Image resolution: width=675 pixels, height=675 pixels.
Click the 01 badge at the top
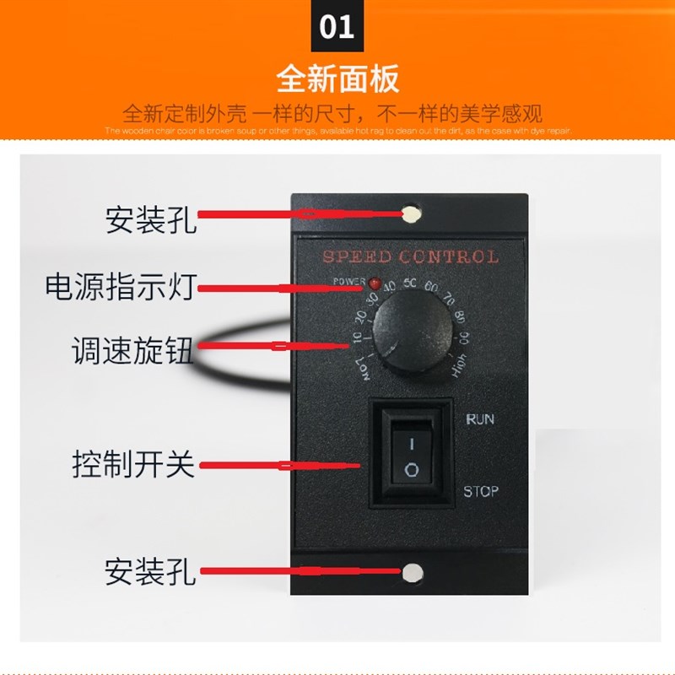[337, 27]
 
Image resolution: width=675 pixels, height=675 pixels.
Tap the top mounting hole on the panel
[411, 214]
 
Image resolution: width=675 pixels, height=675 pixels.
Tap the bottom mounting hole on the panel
[411, 574]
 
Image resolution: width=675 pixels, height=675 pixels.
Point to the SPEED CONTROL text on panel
[410, 256]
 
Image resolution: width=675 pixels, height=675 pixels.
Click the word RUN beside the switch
[479, 419]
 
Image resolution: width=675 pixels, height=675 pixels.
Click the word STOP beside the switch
[481, 491]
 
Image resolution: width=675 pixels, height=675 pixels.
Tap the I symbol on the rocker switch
[411, 442]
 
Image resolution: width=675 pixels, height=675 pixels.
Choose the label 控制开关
[132, 465]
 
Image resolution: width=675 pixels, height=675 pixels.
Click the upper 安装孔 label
[150, 221]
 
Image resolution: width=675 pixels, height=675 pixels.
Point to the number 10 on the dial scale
[356, 340]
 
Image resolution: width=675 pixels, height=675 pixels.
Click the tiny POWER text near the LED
[349, 280]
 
